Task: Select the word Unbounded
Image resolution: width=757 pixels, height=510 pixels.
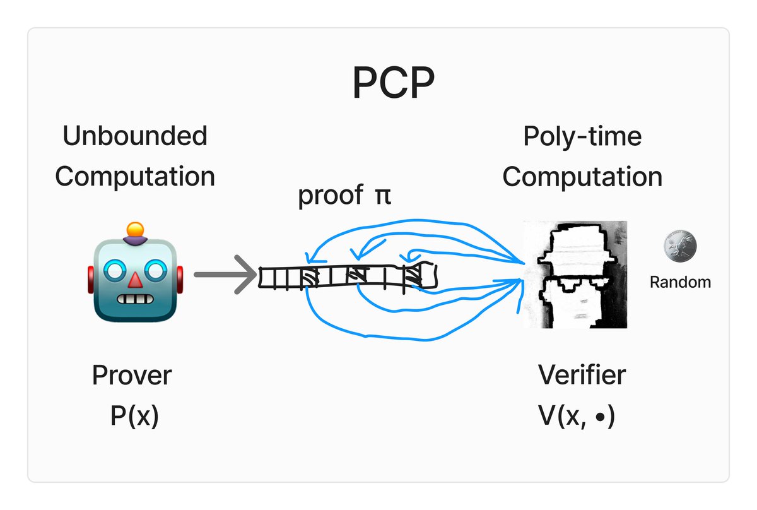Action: click(134, 136)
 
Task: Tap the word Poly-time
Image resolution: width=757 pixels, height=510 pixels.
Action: click(582, 136)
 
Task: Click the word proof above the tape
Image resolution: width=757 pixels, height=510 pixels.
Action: click(326, 196)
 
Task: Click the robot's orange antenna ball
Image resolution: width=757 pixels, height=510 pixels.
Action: click(134, 229)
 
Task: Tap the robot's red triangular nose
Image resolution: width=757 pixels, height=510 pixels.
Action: click(134, 280)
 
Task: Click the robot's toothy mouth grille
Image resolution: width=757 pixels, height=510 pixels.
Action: click(134, 298)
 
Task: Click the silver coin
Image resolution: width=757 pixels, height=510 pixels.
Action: click(680, 247)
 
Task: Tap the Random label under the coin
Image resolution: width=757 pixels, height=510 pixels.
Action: click(680, 282)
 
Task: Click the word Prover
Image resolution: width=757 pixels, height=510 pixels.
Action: click(131, 376)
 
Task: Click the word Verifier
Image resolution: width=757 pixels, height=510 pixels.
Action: click(582, 376)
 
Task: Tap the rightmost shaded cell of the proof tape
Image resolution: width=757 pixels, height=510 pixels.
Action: click(413, 275)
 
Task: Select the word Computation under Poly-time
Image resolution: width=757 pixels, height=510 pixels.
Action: click(582, 177)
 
